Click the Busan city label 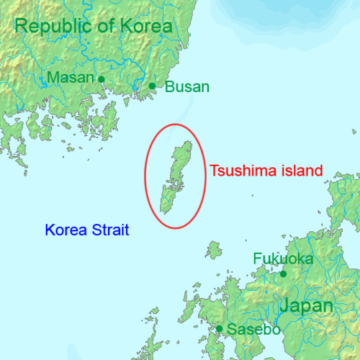(187, 87)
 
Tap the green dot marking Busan (152, 86)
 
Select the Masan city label (70, 78)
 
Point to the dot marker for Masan (102, 79)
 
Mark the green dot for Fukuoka (283, 274)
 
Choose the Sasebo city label (253, 330)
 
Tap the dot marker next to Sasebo (219, 329)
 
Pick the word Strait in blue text (111, 230)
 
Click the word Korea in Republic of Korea (148, 27)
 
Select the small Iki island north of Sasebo (212, 251)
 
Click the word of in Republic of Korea (113, 27)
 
